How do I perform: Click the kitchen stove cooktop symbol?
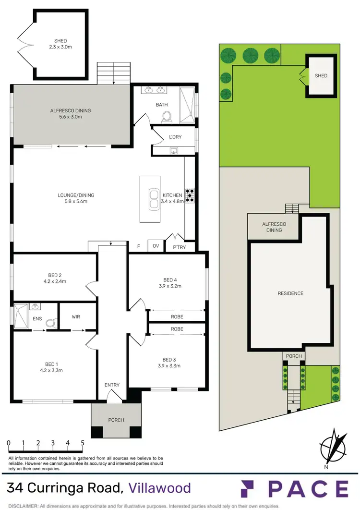tap(190, 194)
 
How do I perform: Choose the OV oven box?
tap(156, 246)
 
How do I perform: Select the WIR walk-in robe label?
tap(76, 316)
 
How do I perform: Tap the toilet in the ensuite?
tap(50, 324)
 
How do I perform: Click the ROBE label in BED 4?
tap(177, 317)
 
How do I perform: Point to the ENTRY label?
tap(112, 385)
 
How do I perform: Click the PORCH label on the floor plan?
tap(116, 420)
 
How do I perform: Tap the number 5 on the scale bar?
tap(83, 442)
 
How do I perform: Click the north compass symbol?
tap(334, 446)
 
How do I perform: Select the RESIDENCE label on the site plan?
tap(291, 293)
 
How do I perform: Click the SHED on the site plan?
tap(321, 76)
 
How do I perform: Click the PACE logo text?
tap(307, 488)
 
